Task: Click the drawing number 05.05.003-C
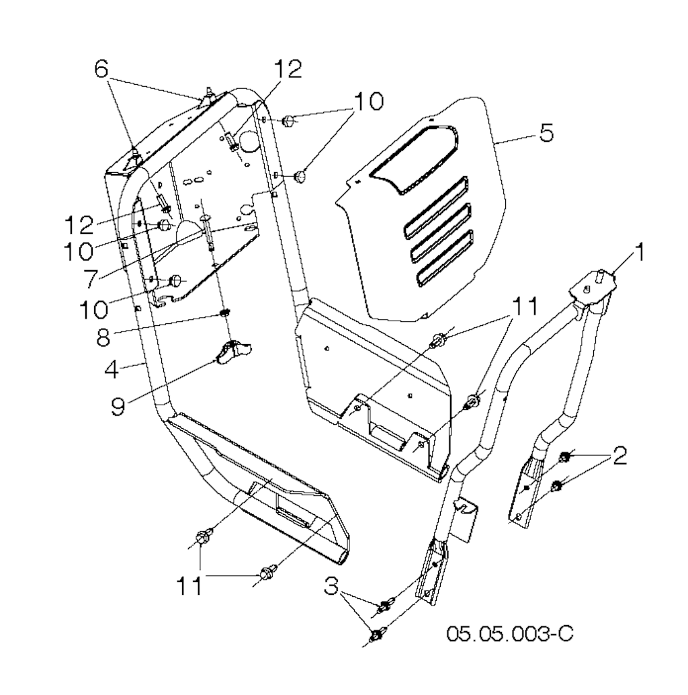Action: [509, 633]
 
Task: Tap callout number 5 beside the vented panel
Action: [548, 132]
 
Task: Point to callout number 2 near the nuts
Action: [619, 455]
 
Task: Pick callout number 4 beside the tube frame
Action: [112, 369]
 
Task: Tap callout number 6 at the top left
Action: [101, 70]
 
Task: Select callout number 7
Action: [91, 279]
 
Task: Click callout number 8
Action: [103, 337]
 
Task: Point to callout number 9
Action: [118, 407]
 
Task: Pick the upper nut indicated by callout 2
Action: [564, 456]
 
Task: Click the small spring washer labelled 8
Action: [224, 314]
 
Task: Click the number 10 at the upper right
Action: [369, 101]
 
